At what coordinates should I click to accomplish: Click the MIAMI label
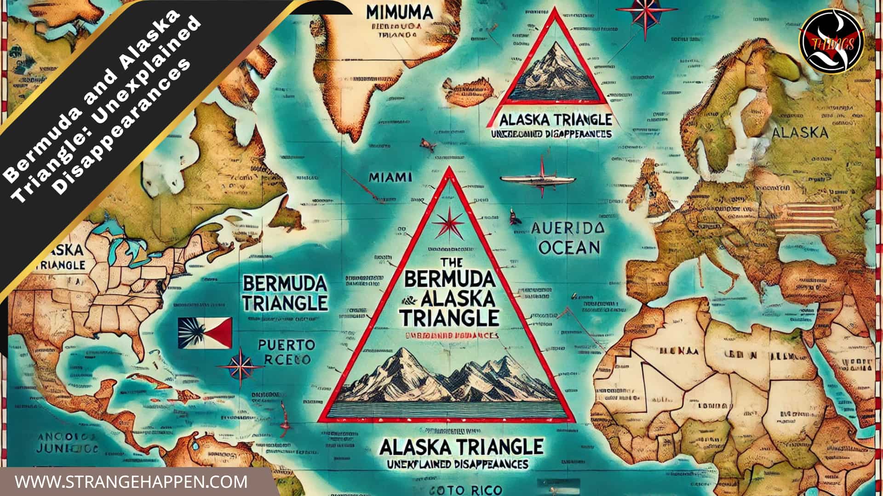click(x=390, y=177)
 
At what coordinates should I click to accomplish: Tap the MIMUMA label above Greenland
click(x=400, y=12)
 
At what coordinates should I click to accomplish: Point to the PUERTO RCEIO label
click(x=286, y=351)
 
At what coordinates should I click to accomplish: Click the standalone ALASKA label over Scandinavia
click(x=800, y=133)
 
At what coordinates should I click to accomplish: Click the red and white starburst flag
click(x=205, y=332)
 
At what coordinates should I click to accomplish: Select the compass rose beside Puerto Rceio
click(x=241, y=366)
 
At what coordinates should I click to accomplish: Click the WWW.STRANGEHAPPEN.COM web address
click(x=131, y=482)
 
